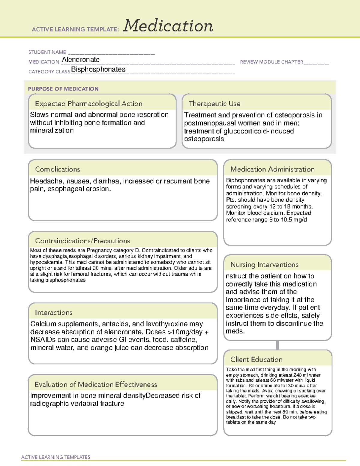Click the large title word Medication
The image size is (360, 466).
click(168, 26)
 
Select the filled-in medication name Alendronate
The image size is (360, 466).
click(80, 60)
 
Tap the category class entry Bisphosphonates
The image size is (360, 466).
click(98, 69)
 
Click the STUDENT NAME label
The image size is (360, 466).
click(47, 52)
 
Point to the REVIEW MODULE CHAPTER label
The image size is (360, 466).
click(271, 62)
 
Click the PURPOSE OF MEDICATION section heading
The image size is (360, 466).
click(63, 89)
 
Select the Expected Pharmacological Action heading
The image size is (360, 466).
click(88, 104)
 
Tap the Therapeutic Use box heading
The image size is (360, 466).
click(214, 104)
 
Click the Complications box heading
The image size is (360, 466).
click(57, 169)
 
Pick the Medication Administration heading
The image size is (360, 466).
click(272, 169)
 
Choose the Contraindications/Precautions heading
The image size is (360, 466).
click(82, 241)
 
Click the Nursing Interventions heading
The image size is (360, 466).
click(264, 264)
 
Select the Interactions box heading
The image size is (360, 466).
click(53, 312)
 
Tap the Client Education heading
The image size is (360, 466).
click(256, 359)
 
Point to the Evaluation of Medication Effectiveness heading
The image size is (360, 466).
click(96, 384)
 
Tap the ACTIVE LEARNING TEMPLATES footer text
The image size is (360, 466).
click(55, 457)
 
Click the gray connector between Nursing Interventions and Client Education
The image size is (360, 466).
click(277, 345)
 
